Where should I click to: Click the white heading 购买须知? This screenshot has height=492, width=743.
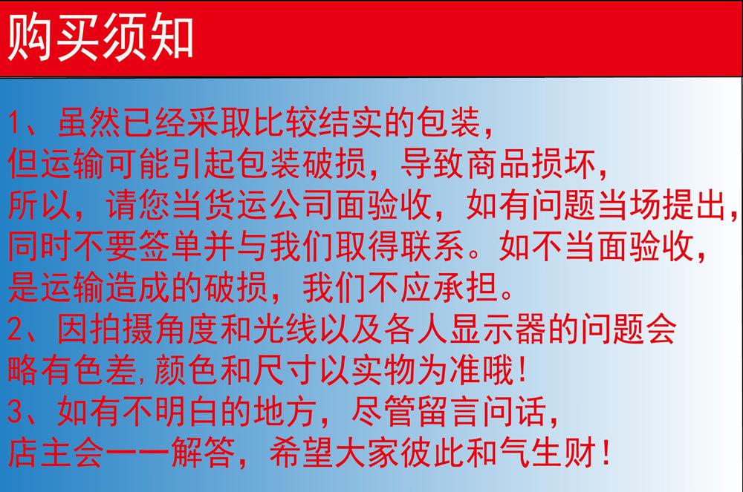pos(100,37)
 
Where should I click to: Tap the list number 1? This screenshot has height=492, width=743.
pos(16,123)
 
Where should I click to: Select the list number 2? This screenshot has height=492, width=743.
pos(16,329)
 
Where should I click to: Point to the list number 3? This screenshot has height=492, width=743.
pos(16,412)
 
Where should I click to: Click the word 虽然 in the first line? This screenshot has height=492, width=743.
pos(89,122)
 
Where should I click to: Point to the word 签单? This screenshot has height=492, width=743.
pos(171,246)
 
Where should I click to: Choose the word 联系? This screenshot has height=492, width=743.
pos(432,246)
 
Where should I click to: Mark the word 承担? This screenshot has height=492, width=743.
pos(465,288)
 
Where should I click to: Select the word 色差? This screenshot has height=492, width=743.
pos(106,370)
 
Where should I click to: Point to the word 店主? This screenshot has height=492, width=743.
pos(40,452)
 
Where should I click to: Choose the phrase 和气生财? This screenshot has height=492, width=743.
pos(531,452)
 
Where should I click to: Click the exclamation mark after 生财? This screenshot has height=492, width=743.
pos(605,452)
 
